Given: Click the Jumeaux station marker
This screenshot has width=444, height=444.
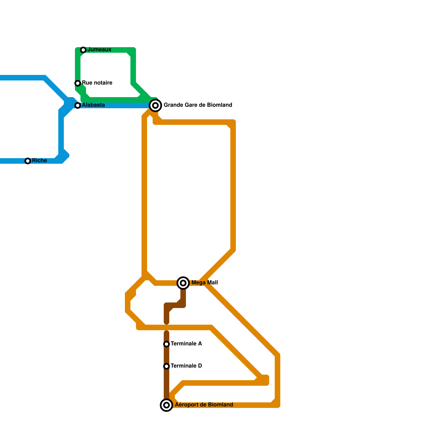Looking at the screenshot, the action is [x=83, y=50].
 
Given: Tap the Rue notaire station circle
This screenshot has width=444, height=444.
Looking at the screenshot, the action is [x=78, y=83].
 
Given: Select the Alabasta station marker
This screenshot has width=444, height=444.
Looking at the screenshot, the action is [x=78, y=105].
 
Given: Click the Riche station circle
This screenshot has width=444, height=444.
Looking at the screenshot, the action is [x=28, y=161].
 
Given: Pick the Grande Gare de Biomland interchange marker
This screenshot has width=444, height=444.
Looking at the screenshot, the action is [x=155, y=105].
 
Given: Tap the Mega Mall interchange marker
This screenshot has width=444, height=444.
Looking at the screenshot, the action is [x=183, y=283].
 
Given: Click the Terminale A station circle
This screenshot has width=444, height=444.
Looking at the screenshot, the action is [x=167, y=344].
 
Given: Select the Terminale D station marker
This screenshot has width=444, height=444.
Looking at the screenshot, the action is [x=167, y=366].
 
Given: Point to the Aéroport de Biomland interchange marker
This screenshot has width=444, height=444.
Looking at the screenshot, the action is [x=167, y=405].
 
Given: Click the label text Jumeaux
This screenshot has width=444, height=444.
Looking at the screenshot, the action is [x=99, y=50].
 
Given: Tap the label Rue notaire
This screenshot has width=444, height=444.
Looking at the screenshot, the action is [x=97, y=83].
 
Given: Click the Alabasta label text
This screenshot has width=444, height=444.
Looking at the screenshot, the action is [x=94, y=105].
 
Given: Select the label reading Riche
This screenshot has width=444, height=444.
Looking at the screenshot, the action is [x=39, y=161].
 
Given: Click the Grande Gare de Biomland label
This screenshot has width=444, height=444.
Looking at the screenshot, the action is [x=198, y=105].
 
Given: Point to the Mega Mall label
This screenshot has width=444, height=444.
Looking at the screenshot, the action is [x=205, y=283].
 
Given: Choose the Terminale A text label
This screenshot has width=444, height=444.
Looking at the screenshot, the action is [x=186, y=344].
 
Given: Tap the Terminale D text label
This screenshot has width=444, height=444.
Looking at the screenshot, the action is [x=186, y=366].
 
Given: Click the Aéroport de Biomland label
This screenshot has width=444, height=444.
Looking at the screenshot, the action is [x=204, y=405].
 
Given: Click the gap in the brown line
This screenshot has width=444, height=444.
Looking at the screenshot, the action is [x=167, y=328].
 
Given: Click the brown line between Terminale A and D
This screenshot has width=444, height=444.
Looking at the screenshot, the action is [x=167, y=355].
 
